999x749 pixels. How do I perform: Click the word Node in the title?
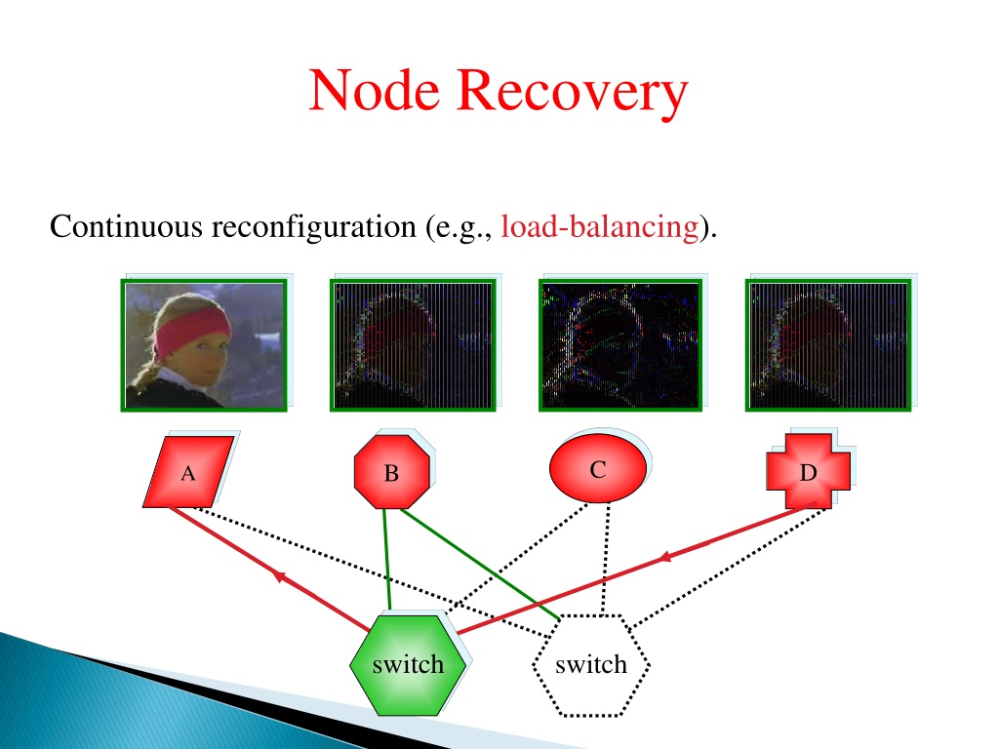pos(374,91)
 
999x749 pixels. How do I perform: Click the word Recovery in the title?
pos(572,94)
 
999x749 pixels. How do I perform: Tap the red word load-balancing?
pos(600,226)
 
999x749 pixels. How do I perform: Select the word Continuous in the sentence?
pos(126,226)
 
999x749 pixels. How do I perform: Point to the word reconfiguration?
pos(313,227)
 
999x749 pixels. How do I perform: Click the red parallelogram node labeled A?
pos(188,471)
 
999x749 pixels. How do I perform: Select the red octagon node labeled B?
pos(392,472)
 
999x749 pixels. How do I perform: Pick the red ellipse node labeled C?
pos(598,468)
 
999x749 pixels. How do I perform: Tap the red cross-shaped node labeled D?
pos(808,471)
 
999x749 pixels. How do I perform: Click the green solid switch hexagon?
pos(407,665)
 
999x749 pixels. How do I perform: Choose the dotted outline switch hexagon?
pos(591,665)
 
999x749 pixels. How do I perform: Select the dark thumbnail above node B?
pos(413,345)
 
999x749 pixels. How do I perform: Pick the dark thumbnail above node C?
pos(620,345)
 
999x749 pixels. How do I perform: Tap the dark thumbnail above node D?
pos(828,345)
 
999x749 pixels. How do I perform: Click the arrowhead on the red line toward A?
pos(278,575)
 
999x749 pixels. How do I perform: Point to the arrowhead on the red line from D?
pos(665,557)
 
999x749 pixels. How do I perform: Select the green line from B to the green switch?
pos(386,559)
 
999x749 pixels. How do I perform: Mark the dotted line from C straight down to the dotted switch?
pos(605,559)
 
